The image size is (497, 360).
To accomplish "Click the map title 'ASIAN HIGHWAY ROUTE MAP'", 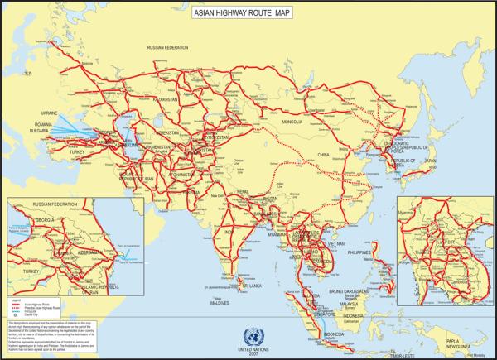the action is (248, 15).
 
